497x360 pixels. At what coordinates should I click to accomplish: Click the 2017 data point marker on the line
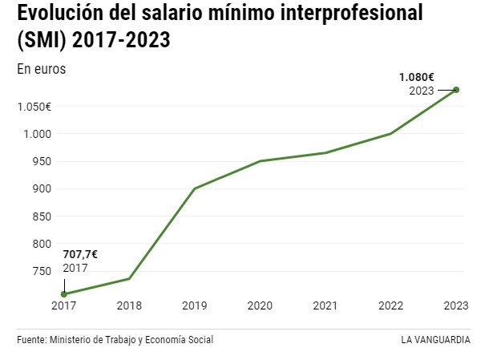click(x=64, y=294)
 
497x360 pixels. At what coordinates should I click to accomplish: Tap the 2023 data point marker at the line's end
click(x=456, y=90)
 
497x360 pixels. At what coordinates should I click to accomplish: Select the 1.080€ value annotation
click(x=417, y=78)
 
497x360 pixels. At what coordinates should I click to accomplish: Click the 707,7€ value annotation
click(x=80, y=254)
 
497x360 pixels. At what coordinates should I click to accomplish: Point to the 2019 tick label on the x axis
click(x=194, y=305)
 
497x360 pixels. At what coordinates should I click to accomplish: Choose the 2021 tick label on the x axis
click(x=325, y=305)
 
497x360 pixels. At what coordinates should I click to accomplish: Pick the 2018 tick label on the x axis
click(x=129, y=305)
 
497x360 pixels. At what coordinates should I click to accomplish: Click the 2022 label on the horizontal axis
click(x=390, y=305)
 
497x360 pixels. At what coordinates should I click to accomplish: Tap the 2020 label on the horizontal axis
click(x=260, y=305)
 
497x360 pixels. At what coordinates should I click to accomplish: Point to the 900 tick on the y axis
click(x=42, y=188)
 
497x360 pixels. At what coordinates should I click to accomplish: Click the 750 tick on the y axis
click(x=42, y=271)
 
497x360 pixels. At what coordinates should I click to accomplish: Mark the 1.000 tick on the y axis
click(x=38, y=134)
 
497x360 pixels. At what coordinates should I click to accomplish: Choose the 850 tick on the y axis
click(x=42, y=216)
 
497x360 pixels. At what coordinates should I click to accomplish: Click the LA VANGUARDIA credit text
click(x=436, y=339)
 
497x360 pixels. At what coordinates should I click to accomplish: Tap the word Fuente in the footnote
click(x=31, y=339)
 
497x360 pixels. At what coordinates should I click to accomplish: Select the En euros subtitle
click(x=41, y=69)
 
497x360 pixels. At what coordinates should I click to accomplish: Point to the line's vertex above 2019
click(x=194, y=188)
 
